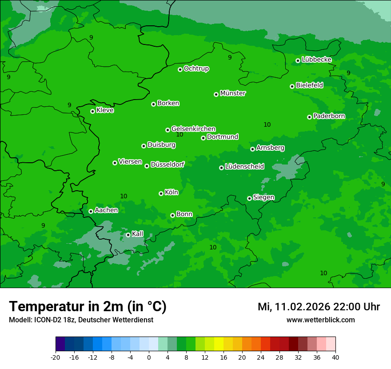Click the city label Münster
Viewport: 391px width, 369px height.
233,93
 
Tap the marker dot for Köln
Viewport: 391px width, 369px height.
161,193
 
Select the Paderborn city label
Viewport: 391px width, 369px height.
329,116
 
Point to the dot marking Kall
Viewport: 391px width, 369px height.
128,235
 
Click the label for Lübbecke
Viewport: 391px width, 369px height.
316,60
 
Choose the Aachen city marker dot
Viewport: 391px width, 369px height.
91,211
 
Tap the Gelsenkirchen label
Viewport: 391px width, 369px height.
193,129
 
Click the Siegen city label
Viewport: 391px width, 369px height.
263,197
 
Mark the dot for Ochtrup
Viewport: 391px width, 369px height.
180,69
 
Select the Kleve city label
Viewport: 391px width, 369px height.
105,110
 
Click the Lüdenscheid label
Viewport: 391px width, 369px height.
244,167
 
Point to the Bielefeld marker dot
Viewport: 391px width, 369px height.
292,86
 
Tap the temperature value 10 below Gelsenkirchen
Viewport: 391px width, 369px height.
180,135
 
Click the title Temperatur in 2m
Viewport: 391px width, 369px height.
88,306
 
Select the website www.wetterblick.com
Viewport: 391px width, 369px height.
320,320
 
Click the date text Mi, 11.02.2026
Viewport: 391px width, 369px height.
293,307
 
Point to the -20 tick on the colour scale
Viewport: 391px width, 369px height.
56,357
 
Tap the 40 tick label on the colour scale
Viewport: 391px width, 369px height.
335,357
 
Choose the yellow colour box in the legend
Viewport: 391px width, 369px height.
219,344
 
